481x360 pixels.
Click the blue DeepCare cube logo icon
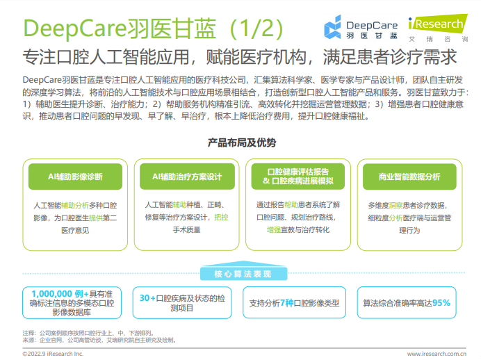tap(332, 27)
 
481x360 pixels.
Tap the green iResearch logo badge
tap(438, 23)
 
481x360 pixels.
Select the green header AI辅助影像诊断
tap(75, 177)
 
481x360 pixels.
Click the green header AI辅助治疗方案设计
tap(187, 177)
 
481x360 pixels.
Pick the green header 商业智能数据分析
tap(409, 177)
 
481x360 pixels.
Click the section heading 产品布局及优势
tap(242, 142)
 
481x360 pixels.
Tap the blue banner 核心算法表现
tap(243, 274)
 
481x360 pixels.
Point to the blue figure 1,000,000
tap(51, 294)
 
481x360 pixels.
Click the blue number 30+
tap(147, 298)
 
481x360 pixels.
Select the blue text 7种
tap(287, 303)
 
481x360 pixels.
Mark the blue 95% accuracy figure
tap(441, 303)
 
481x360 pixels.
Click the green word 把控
tap(221, 218)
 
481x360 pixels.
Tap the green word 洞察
tap(396, 206)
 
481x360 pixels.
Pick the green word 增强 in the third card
tap(274, 229)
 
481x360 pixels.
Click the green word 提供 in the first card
tap(96, 218)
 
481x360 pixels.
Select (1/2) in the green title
tap(256, 28)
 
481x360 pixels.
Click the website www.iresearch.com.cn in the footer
tap(437, 354)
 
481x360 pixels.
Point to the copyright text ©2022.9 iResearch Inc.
tap(53, 354)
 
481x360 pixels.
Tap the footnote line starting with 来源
tap(99, 340)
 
